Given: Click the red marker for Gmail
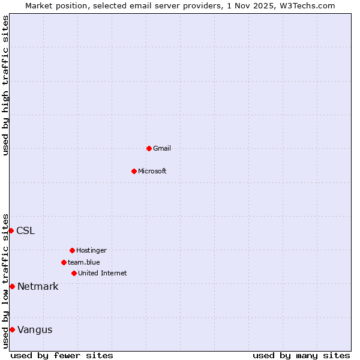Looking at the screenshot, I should [149, 148].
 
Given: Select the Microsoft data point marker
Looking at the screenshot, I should [134, 171].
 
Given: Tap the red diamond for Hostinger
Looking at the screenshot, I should [72, 250].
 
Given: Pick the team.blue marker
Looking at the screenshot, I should [64, 262].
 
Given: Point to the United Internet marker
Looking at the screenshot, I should [74, 273].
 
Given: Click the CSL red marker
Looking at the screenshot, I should [11, 230].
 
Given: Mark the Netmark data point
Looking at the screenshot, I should [12, 286].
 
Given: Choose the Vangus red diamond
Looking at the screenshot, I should [12, 329].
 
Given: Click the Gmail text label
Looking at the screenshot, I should [162, 148].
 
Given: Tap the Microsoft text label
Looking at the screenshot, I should [152, 171].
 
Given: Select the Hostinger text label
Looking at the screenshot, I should [91, 250].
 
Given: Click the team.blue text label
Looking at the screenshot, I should [84, 262].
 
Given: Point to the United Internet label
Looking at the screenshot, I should [103, 273].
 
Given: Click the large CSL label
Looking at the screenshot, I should [25, 230].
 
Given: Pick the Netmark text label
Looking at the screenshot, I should [38, 286].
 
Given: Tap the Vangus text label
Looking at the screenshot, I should [35, 329].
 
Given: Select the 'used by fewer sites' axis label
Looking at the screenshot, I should [62, 355].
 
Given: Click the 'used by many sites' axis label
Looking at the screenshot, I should [301, 355].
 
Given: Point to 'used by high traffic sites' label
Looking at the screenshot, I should [5, 85].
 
